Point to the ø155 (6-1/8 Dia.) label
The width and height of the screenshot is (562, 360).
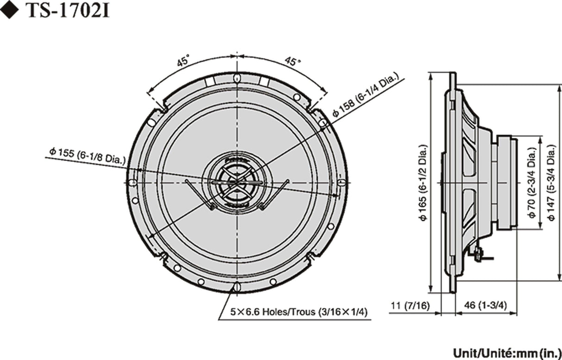87,155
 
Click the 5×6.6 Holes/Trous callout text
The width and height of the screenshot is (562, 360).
299,312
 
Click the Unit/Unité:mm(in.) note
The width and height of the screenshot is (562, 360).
506,352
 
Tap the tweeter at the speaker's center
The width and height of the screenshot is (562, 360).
237,182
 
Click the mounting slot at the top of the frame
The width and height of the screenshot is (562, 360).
237,78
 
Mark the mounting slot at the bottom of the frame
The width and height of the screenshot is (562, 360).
237,287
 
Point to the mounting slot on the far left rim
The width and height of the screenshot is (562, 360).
132,183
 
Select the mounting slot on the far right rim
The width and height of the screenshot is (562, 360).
341,183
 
